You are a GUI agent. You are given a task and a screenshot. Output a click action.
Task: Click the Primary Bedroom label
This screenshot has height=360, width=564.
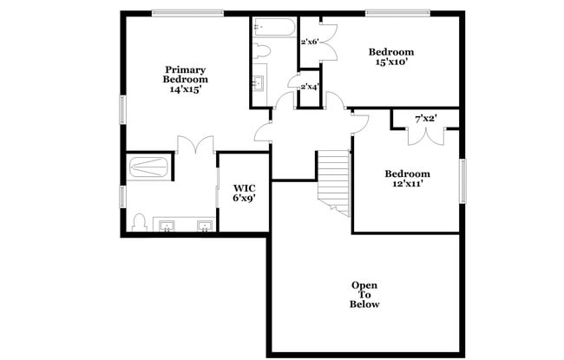tap(186, 75)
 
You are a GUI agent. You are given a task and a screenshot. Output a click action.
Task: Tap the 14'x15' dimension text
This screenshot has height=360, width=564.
tap(186, 89)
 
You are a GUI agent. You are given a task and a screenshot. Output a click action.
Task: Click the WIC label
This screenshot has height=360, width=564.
tap(243, 187)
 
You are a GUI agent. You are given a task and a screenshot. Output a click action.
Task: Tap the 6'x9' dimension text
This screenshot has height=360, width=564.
tap(243, 199)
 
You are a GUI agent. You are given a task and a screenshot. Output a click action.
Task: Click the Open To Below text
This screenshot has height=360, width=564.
tap(364, 295)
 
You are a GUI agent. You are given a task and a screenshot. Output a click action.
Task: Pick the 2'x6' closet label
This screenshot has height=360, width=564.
tap(310, 42)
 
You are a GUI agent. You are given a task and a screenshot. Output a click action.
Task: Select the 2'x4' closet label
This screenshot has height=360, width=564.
tap(309, 87)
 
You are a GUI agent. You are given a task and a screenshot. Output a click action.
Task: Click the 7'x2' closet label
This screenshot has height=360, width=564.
tap(425, 118)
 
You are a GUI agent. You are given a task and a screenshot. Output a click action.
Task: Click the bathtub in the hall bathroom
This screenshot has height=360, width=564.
tap(275, 28)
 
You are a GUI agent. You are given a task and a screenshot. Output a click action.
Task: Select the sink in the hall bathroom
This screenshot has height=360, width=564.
tap(258, 84)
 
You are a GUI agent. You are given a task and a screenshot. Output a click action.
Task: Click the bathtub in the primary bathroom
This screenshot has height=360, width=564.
tap(149, 167)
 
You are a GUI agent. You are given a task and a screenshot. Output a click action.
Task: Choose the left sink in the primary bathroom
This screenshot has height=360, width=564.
tap(167, 226)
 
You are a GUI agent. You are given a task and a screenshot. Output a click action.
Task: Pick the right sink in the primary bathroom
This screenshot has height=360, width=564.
tap(205, 226)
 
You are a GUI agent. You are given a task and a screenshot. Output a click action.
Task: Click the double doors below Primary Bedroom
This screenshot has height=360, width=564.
tap(195, 146)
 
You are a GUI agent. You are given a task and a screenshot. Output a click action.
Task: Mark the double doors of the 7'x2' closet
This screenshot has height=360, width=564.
tap(425, 134)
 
